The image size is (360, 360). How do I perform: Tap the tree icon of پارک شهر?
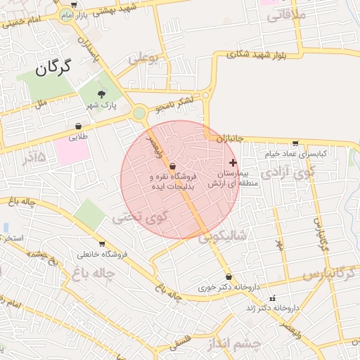pos(102,94)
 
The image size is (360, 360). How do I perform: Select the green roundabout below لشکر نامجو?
pos(139,112)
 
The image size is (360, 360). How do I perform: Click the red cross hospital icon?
pos(233,162)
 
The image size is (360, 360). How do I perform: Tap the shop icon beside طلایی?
pos(77,127)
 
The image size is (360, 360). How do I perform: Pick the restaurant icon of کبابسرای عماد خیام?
pos(295,143)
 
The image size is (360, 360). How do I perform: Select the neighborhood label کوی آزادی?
pos(288,171)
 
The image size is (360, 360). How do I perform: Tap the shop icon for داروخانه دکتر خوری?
pos(229,276)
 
